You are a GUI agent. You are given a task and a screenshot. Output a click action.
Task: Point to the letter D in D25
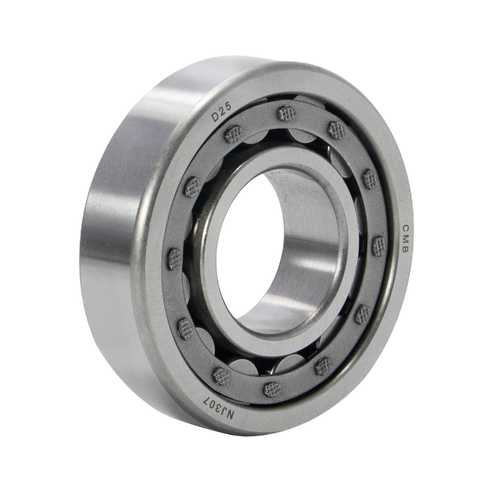215,117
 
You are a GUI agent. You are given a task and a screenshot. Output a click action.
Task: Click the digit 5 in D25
228,106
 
